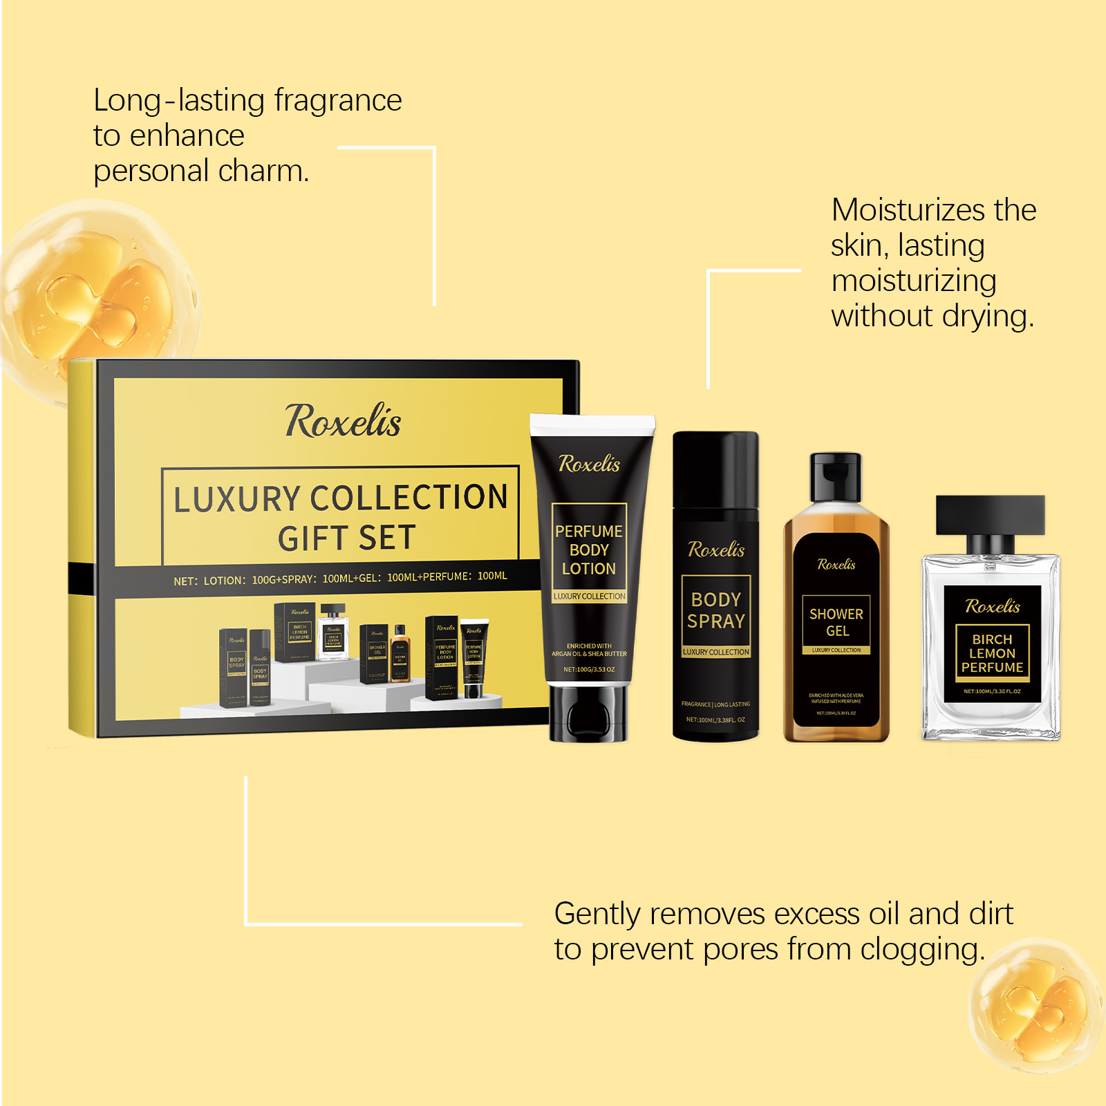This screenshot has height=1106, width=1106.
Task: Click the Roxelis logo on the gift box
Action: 343,421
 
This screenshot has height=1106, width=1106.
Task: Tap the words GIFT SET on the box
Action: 347,538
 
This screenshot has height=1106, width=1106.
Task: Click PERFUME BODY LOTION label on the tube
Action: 589,550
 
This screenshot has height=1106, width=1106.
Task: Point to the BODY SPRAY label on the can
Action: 716,610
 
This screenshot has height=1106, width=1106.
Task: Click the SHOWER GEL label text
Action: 836,622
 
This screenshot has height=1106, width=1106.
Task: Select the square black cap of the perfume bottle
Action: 991,514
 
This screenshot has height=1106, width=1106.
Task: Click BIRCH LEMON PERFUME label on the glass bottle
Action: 992,653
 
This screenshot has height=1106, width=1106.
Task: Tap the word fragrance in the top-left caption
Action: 338,101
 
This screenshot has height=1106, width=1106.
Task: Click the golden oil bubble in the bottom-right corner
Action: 1037,1006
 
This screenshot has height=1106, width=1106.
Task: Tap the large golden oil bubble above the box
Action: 97,290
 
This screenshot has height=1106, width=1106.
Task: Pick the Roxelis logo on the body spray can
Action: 716,550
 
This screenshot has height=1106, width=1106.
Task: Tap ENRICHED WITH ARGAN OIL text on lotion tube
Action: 589,650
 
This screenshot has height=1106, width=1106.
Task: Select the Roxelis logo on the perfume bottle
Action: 992,607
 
